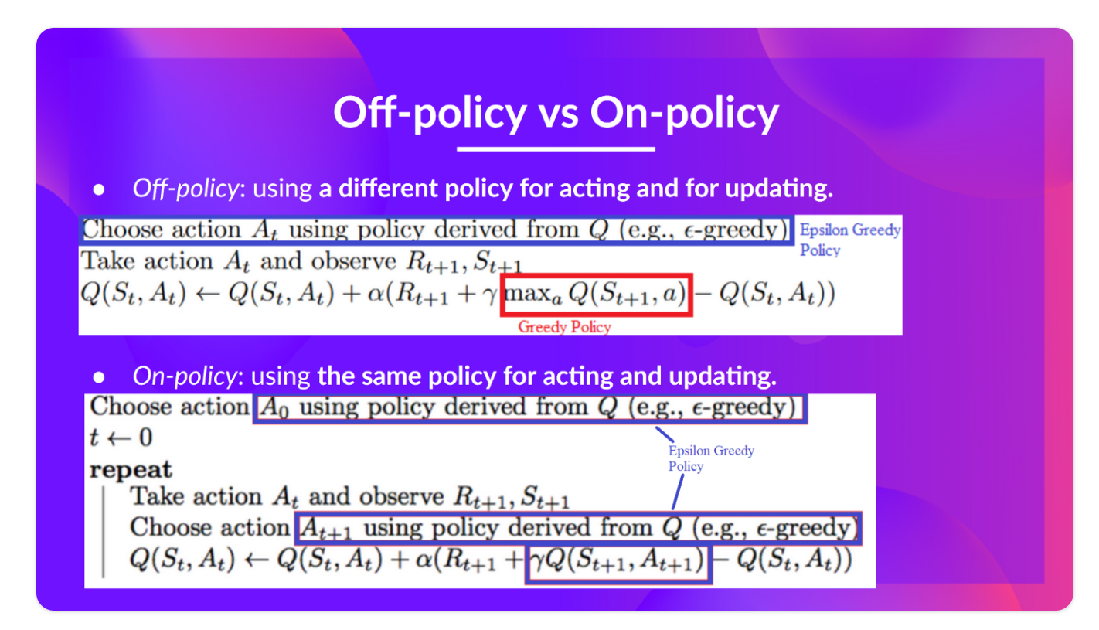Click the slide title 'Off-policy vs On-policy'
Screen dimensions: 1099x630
pyautogui.click(x=556, y=113)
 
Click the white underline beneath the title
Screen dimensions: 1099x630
pyautogui.click(x=556, y=148)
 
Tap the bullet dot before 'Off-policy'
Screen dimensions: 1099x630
pyautogui.click(x=99, y=189)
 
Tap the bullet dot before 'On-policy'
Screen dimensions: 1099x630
pyautogui.click(x=99, y=377)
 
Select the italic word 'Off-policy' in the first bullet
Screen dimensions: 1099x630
pyautogui.click(x=185, y=189)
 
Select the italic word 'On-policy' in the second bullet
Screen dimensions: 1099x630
pyautogui.click(x=185, y=376)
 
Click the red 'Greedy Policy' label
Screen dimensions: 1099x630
pyautogui.click(x=565, y=327)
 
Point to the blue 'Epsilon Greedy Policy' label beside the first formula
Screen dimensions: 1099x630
pyautogui.click(x=850, y=240)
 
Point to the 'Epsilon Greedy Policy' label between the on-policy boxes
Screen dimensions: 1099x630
pyautogui.click(x=711, y=458)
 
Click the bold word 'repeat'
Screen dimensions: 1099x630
pyautogui.click(x=131, y=470)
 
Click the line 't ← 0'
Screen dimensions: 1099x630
pyautogui.click(x=121, y=438)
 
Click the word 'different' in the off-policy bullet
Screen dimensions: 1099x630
pyautogui.click(x=388, y=189)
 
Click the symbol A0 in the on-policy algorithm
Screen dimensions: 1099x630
pyautogui.click(x=274, y=407)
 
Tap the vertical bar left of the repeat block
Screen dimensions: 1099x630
pyautogui.click(x=103, y=532)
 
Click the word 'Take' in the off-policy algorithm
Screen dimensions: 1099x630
pyautogui.click(x=107, y=261)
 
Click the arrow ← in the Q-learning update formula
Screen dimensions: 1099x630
pyautogui.click(x=208, y=294)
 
